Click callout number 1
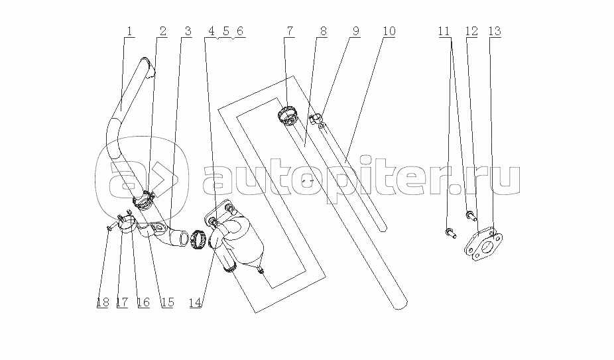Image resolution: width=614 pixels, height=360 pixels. [129, 31]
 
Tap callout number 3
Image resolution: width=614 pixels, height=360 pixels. [188, 31]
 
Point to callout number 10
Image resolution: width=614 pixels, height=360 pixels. [389, 31]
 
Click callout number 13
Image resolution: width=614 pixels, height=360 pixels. [495, 31]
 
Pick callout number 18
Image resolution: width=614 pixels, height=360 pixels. [103, 302]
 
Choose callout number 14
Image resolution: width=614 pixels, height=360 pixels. [196, 302]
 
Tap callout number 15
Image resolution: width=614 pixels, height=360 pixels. [167, 302]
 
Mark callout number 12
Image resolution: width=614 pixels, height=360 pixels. [471, 31]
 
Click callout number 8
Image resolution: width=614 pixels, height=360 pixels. [323, 31]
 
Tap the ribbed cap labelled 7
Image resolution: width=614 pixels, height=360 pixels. [288, 116]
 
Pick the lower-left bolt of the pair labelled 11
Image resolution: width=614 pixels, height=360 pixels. [450, 233]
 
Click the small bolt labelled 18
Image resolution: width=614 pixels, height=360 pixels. [111, 227]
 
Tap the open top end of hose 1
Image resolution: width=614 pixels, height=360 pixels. [147, 65]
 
